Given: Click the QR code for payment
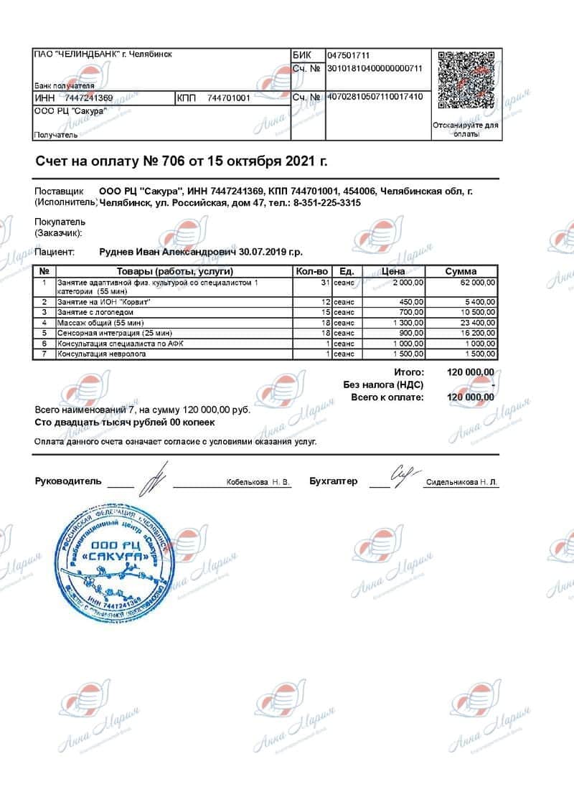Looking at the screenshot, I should [466, 80].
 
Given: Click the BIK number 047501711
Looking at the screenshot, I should [349, 55].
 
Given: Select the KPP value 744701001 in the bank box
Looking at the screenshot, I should [228, 98].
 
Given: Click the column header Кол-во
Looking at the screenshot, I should [312, 272].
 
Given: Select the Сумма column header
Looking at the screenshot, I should [461, 272].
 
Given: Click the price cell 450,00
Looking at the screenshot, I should [411, 302].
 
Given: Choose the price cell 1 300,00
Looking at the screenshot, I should [407, 323].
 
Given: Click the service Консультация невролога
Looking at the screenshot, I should [102, 354].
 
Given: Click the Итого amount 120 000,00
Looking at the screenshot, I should [470, 372].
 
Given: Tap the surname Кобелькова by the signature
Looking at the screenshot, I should [247, 483].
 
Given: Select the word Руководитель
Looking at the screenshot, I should [68, 481].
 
